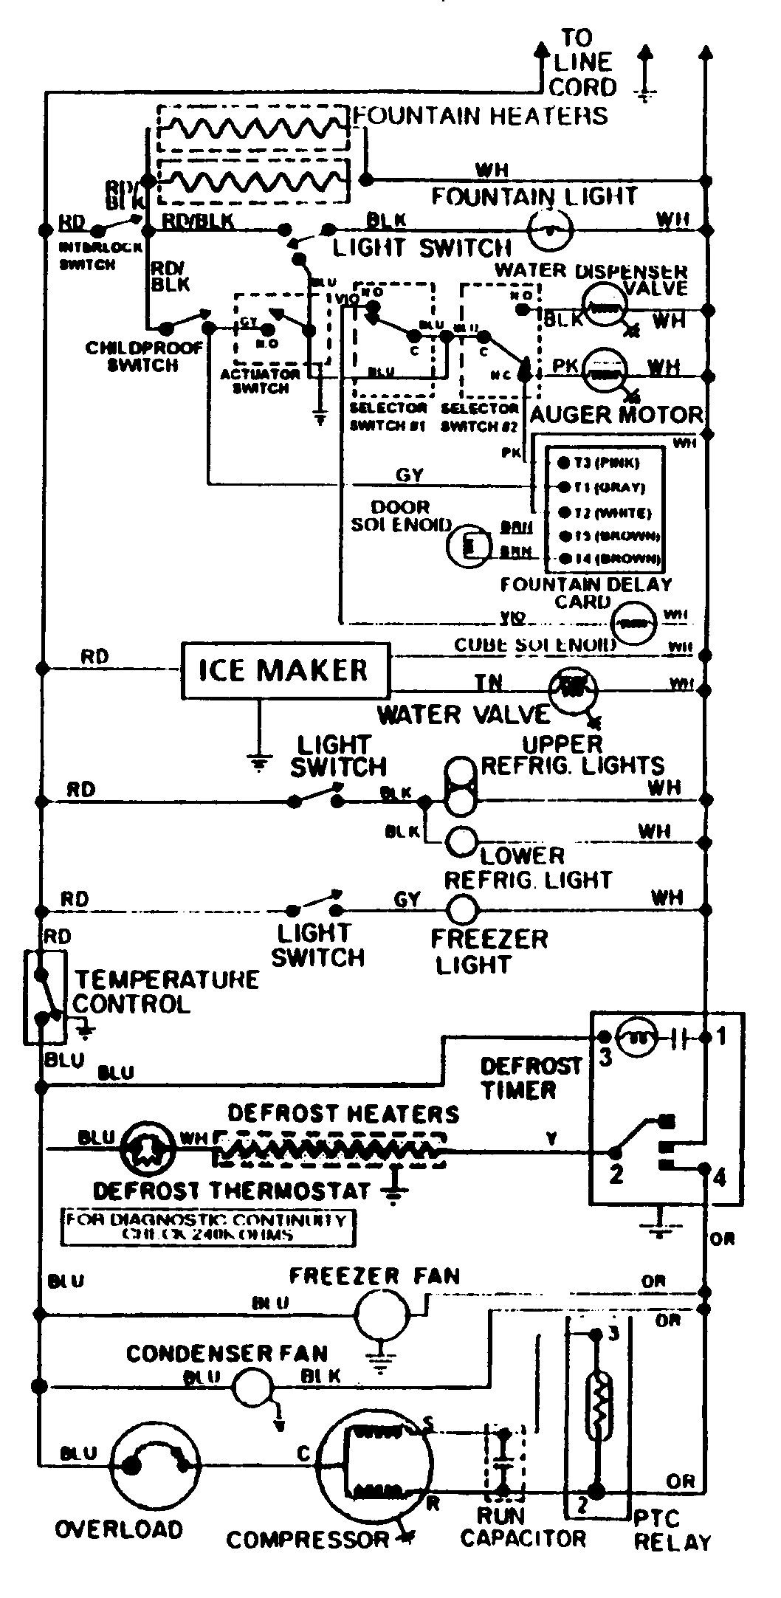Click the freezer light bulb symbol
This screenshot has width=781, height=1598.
click(x=463, y=909)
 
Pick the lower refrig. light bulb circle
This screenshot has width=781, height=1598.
click(x=462, y=841)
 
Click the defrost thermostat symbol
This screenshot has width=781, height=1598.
click(x=145, y=1149)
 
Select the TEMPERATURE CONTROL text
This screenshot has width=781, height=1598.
click(x=165, y=991)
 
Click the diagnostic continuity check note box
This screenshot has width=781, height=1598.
click(x=207, y=1227)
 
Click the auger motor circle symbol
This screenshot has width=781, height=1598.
click(x=605, y=368)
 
